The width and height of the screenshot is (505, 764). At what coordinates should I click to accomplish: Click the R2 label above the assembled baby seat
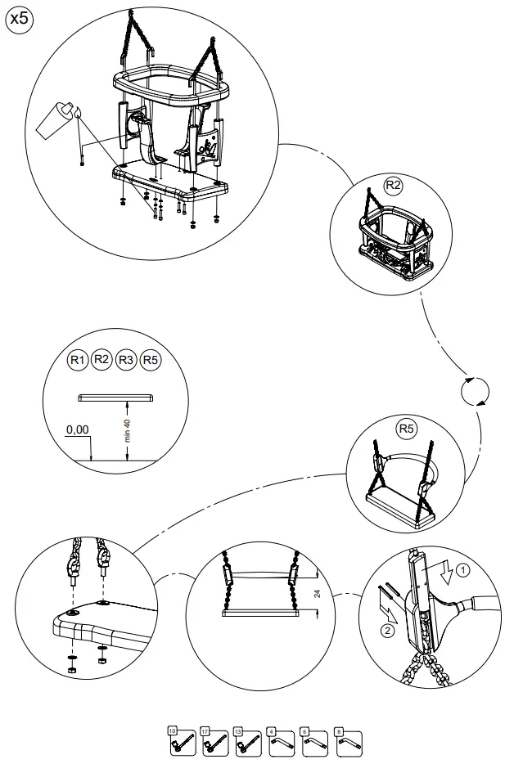[394, 186]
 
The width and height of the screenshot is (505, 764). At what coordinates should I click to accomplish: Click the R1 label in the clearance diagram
[78, 359]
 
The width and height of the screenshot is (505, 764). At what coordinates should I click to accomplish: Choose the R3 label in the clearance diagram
[126, 359]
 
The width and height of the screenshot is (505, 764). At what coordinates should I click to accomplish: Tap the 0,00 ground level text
[77, 429]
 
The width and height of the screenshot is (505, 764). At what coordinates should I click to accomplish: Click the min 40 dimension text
[127, 430]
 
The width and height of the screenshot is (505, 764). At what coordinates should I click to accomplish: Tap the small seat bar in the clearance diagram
[115, 398]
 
